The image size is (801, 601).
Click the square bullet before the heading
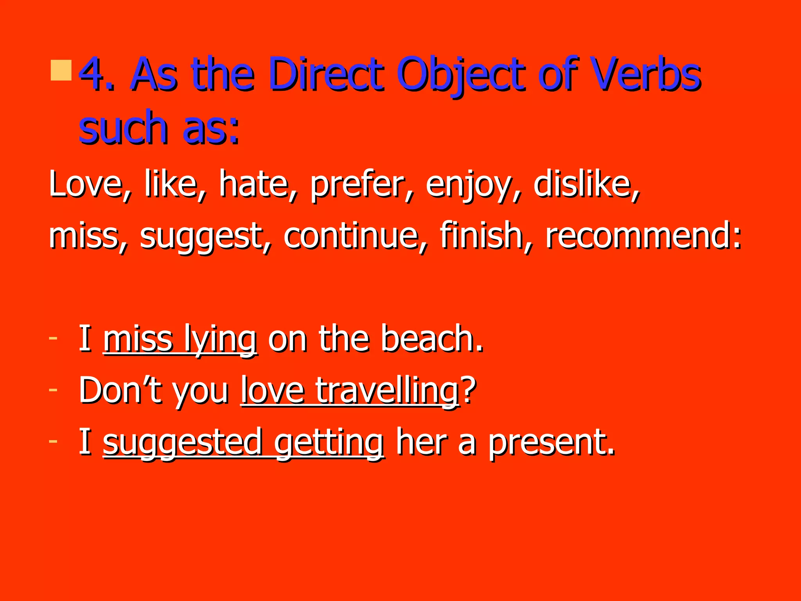tap(61, 70)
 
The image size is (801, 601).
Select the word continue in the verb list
tap(350, 236)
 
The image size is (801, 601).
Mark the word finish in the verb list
tap(481, 236)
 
